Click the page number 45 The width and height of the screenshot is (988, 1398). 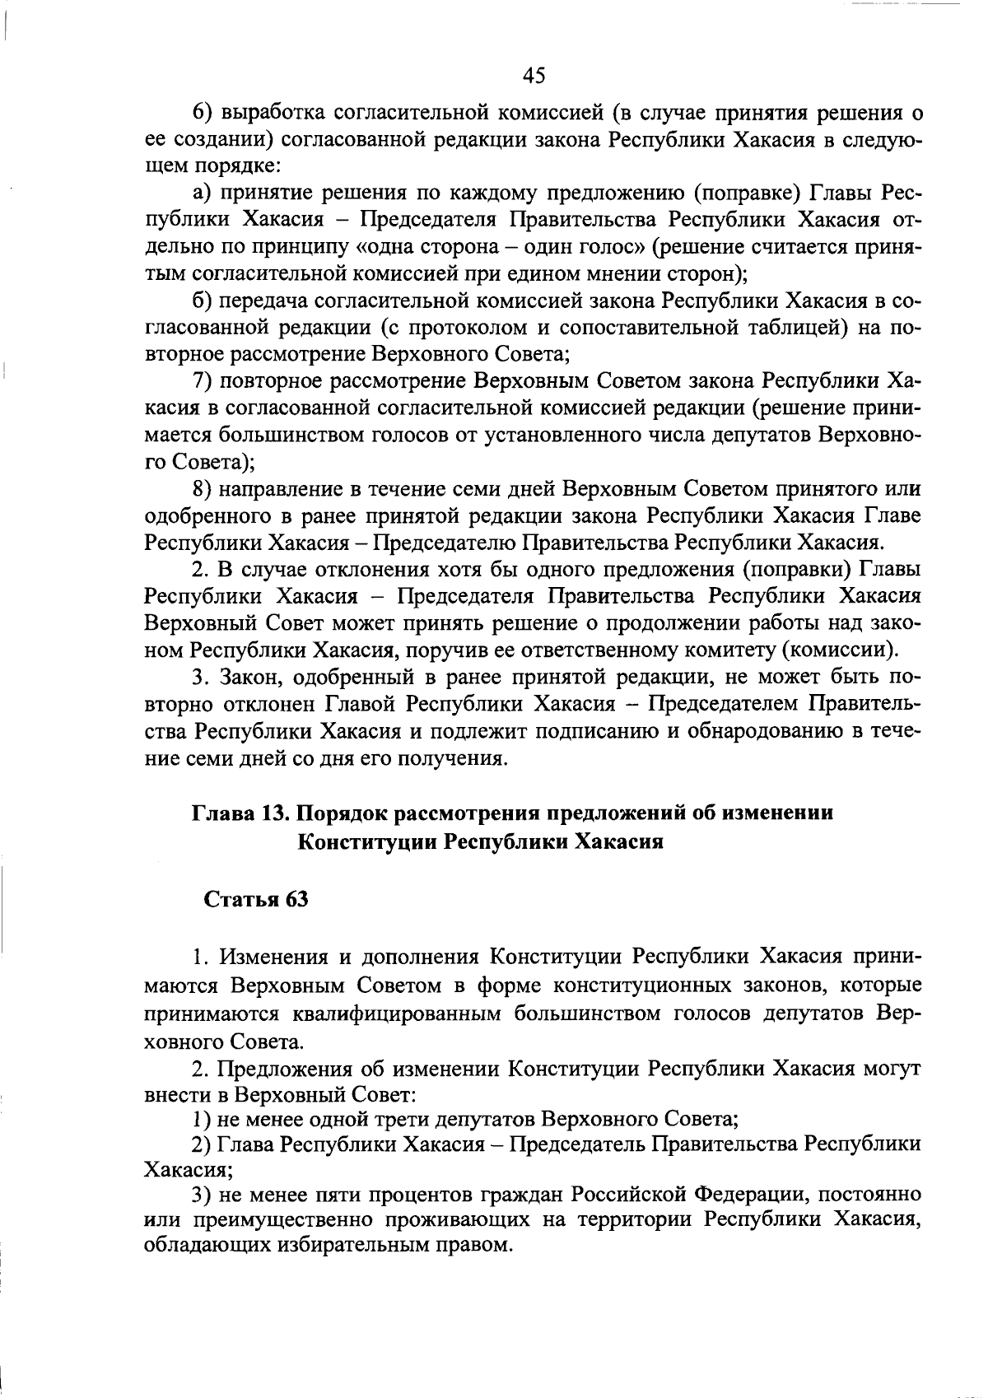point(534,76)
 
